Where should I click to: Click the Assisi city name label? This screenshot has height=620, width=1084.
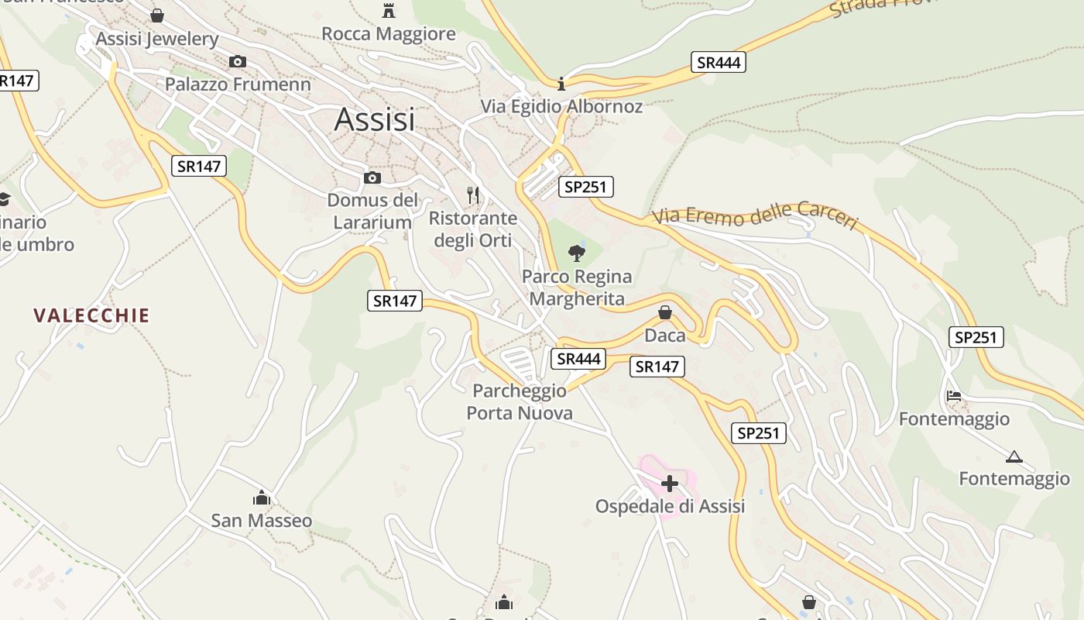click(x=374, y=119)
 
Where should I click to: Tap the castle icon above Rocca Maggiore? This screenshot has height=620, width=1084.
click(x=389, y=10)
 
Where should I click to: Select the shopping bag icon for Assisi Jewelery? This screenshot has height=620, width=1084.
click(x=157, y=15)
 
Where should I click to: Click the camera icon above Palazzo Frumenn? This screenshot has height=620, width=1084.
click(x=238, y=61)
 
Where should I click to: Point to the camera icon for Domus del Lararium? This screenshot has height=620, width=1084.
click(x=372, y=178)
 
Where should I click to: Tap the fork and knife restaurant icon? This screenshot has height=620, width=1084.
click(x=473, y=195)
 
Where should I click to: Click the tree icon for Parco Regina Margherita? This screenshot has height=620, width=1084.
click(x=576, y=253)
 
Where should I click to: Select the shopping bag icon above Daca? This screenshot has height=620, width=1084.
click(x=664, y=312)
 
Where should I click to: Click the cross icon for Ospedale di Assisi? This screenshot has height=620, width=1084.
click(x=670, y=484)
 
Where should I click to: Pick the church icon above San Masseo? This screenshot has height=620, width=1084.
click(x=262, y=497)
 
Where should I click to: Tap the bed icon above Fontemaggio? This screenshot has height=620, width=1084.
click(x=954, y=395)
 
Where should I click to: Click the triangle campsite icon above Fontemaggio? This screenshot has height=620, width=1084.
click(x=1014, y=456)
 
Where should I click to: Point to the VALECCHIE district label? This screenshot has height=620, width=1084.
click(x=91, y=315)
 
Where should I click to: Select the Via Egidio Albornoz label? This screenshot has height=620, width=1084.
click(x=561, y=106)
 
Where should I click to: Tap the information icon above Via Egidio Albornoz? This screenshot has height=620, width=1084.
click(x=562, y=83)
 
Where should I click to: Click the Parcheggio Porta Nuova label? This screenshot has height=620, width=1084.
click(x=520, y=401)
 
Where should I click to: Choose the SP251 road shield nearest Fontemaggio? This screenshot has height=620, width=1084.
click(x=976, y=337)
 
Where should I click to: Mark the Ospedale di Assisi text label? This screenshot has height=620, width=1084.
click(x=670, y=506)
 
